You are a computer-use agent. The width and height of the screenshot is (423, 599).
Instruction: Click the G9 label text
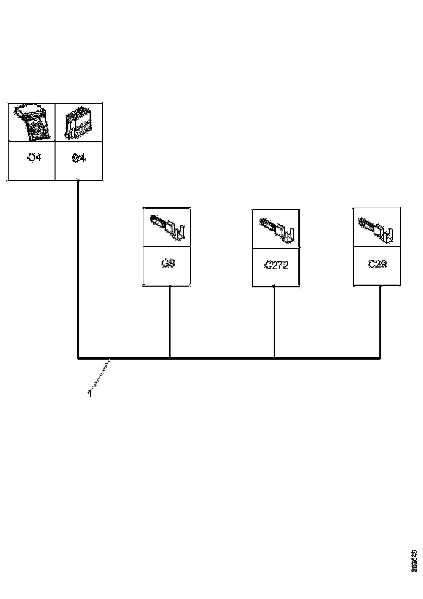(168, 264)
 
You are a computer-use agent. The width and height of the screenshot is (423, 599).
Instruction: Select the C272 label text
(277, 265)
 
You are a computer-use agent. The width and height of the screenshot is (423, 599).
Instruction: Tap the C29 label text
(377, 264)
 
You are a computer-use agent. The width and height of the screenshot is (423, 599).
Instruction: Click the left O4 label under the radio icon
(34, 158)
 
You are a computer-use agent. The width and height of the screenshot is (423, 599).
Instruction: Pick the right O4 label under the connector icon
(78, 158)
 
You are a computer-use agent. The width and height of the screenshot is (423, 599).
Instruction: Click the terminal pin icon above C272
(277, 230)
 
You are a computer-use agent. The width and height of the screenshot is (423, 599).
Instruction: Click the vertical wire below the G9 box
(170, 321)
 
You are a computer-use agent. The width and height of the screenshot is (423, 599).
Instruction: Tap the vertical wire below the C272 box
(274, 322)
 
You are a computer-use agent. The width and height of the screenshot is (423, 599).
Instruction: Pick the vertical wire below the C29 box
(380, 321)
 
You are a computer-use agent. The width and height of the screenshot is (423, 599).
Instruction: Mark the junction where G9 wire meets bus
(170, 358)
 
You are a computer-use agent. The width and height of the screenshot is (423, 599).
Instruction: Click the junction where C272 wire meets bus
(274, 358)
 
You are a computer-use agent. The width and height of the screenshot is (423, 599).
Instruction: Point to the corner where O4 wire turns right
(78, 358)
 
